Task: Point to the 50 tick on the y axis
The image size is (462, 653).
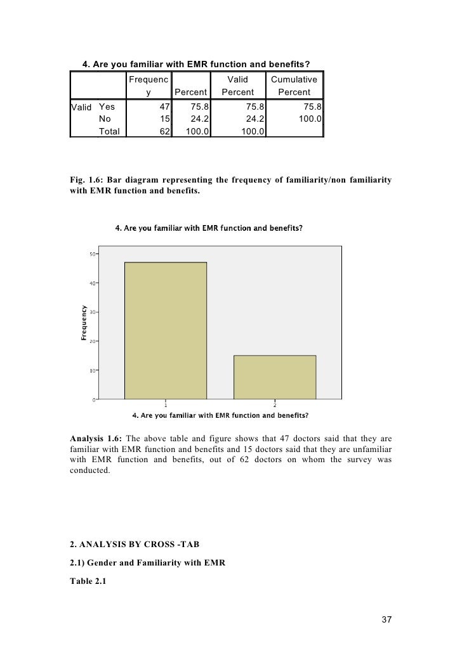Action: [x=93, y=254]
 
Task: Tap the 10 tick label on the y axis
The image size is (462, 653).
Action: [x=93, y=370]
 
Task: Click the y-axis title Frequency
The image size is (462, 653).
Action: [x=84, y=323]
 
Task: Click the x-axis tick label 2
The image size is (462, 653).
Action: [x=275, y=405]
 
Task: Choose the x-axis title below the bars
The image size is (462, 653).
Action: [x=220, y=416]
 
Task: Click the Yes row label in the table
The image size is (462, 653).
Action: [x=107, y=107]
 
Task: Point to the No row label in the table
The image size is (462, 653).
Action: [x=105, y=119]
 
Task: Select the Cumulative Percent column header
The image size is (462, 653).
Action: [x=294, y=86]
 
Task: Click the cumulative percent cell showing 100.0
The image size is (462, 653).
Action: [x=309, y=119]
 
